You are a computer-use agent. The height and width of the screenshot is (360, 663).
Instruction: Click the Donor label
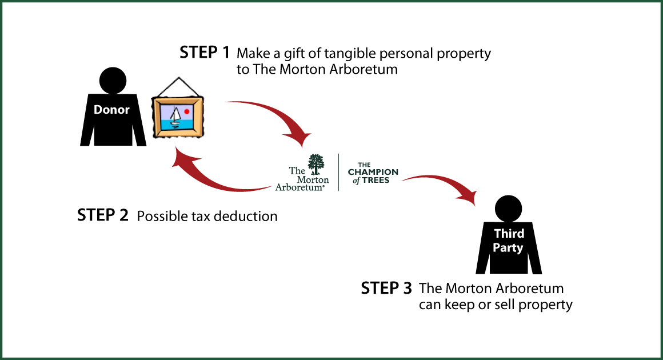111,110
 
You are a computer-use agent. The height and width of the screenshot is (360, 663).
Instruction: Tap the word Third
509,234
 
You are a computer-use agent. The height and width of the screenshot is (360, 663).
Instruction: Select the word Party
508,248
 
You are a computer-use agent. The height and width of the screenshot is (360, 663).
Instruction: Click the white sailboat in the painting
175,116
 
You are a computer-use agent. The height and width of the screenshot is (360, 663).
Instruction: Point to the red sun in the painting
186,111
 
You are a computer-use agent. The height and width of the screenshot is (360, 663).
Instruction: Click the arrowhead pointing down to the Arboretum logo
301,140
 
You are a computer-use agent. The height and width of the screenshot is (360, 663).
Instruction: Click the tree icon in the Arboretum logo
315,164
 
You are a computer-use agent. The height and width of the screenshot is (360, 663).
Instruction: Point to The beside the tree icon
297,170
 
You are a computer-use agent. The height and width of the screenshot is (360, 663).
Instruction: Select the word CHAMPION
373,173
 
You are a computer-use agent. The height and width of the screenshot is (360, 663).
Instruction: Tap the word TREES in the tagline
378,181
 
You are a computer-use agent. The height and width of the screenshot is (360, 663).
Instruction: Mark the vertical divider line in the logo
338,172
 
